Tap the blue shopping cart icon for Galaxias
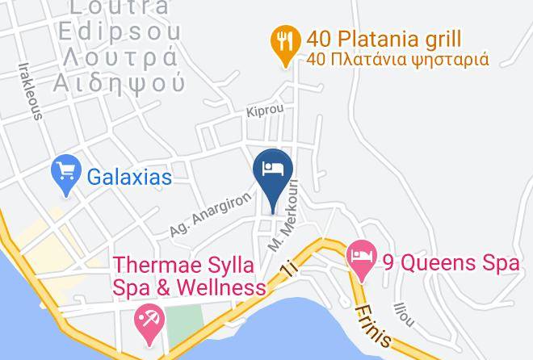click(x=65, y=173)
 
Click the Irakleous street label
click(x=35, y=90)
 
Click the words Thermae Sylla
click(x=184, y=266)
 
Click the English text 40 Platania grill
click(x=384, y=38)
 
